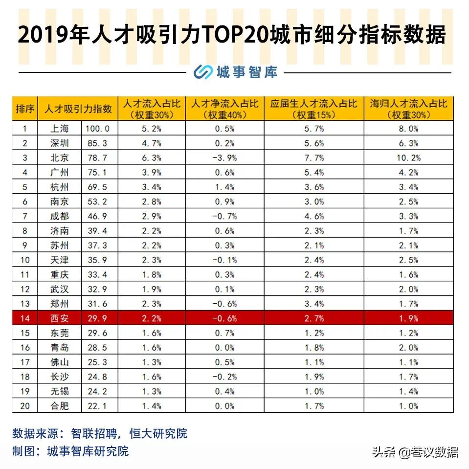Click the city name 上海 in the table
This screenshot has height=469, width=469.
pyautogui.click(x=61, y=129)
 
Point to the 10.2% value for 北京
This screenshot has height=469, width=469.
pyautogui.click(x=408, y=158)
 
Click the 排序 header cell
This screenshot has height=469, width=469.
pyautogui.click(x=25, y=109)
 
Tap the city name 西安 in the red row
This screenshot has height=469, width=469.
pyautogui.click(x=61, y=318)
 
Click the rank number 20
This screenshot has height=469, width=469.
pyautogui.click(x=25, y=406)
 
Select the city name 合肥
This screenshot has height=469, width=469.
pyautogui.click(x=61, y=406)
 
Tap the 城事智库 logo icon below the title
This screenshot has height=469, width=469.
pyautogui.click(x=202, y=72)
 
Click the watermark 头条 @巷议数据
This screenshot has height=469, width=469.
pyautogui.click(x=415, y=452)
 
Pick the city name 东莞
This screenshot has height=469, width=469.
pyautogui.click(x=61, y=333)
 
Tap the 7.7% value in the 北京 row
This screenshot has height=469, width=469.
pyautogui.click(x=313, y=158)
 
